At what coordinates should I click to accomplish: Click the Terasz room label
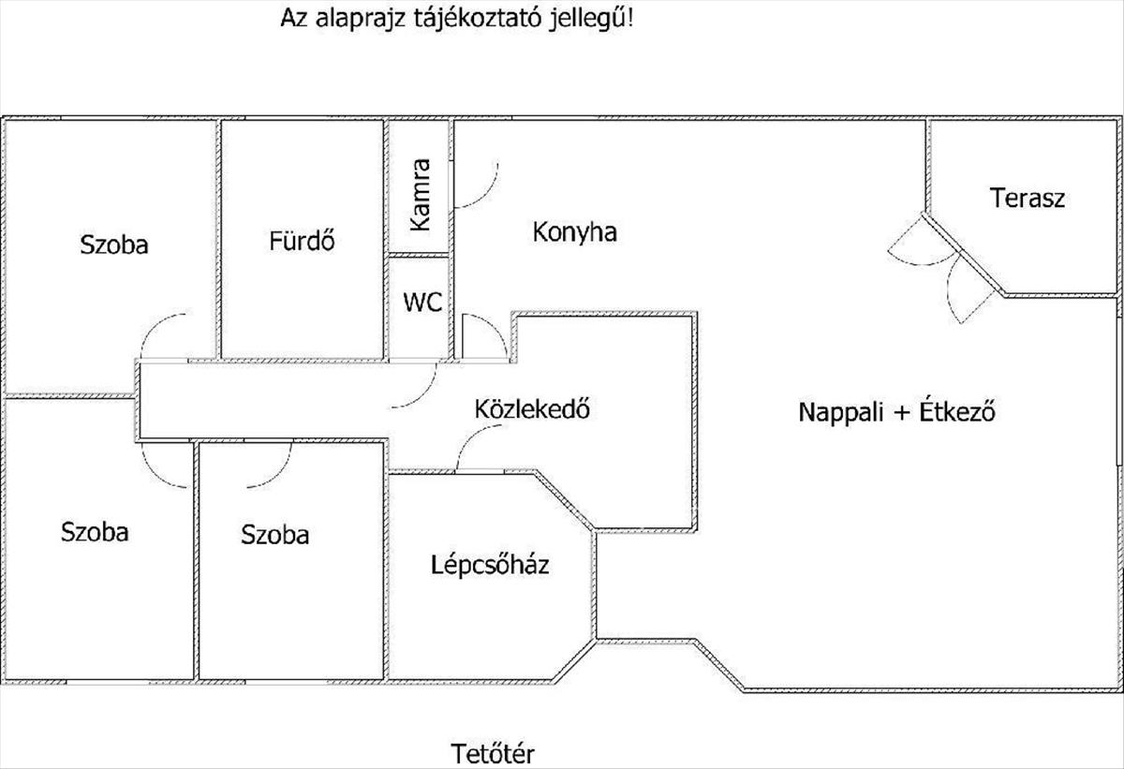pos(1028,198)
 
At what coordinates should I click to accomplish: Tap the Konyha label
pos(574,232)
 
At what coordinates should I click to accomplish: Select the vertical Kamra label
pos(421,195)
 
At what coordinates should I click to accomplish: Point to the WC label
pos(422,303)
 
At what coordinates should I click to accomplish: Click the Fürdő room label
pos(302,242)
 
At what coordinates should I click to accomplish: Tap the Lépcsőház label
pos(490,566)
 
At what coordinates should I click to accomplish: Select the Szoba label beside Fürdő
pos(114,245)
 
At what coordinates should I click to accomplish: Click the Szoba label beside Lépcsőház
pos(274,535)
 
